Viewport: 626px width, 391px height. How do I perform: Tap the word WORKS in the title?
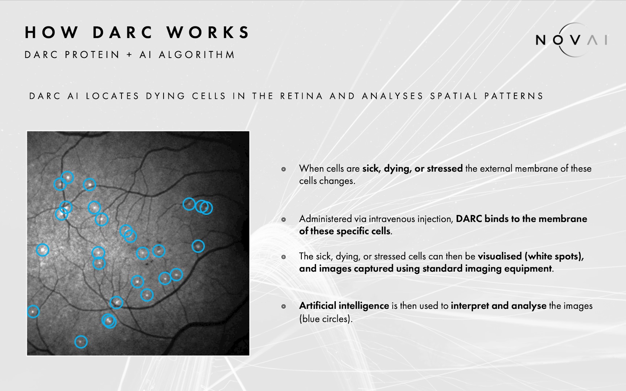point(208,32)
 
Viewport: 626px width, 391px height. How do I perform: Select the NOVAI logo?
point(572,39)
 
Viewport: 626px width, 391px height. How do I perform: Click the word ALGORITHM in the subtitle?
point(197,55)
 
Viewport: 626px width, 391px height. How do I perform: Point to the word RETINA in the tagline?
point(301,96)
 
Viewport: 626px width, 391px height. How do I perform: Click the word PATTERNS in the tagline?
point(514,96)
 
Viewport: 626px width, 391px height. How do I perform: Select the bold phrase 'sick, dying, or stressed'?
point(412,169)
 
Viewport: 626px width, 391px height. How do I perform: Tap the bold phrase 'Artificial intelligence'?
point(344,306)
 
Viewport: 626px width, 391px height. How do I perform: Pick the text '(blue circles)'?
point(326,319)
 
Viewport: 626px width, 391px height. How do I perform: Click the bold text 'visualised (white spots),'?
point(531,256)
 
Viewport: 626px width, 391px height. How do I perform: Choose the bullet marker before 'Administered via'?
point(284,219)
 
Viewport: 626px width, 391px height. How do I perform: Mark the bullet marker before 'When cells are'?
point(284,169)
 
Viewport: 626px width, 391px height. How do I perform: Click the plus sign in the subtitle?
point(129,55)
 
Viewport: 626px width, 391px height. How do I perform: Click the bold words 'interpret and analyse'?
point(498,306)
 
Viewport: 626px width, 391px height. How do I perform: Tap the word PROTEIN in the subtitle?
point(92,55)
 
